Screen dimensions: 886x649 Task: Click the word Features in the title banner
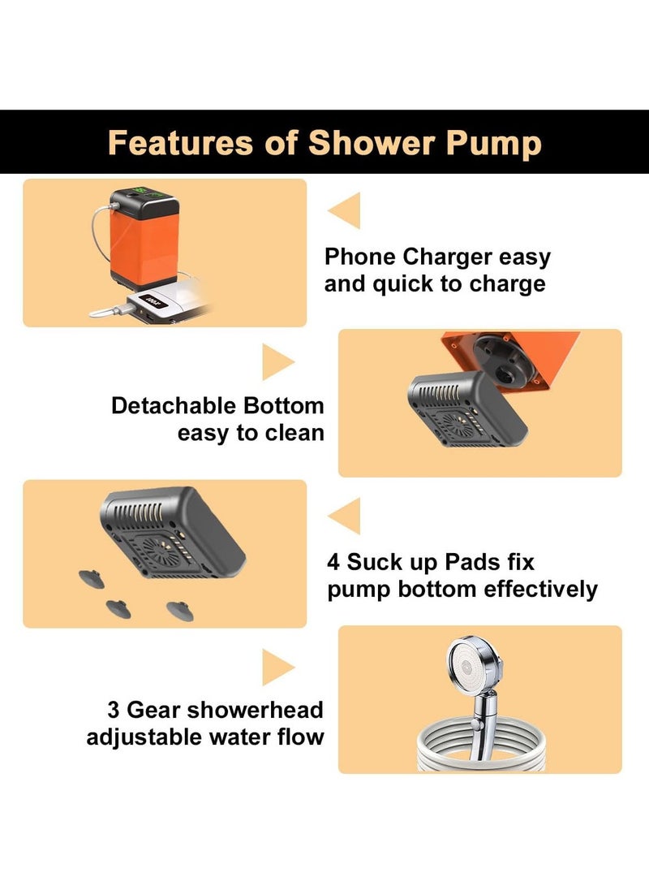179,143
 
